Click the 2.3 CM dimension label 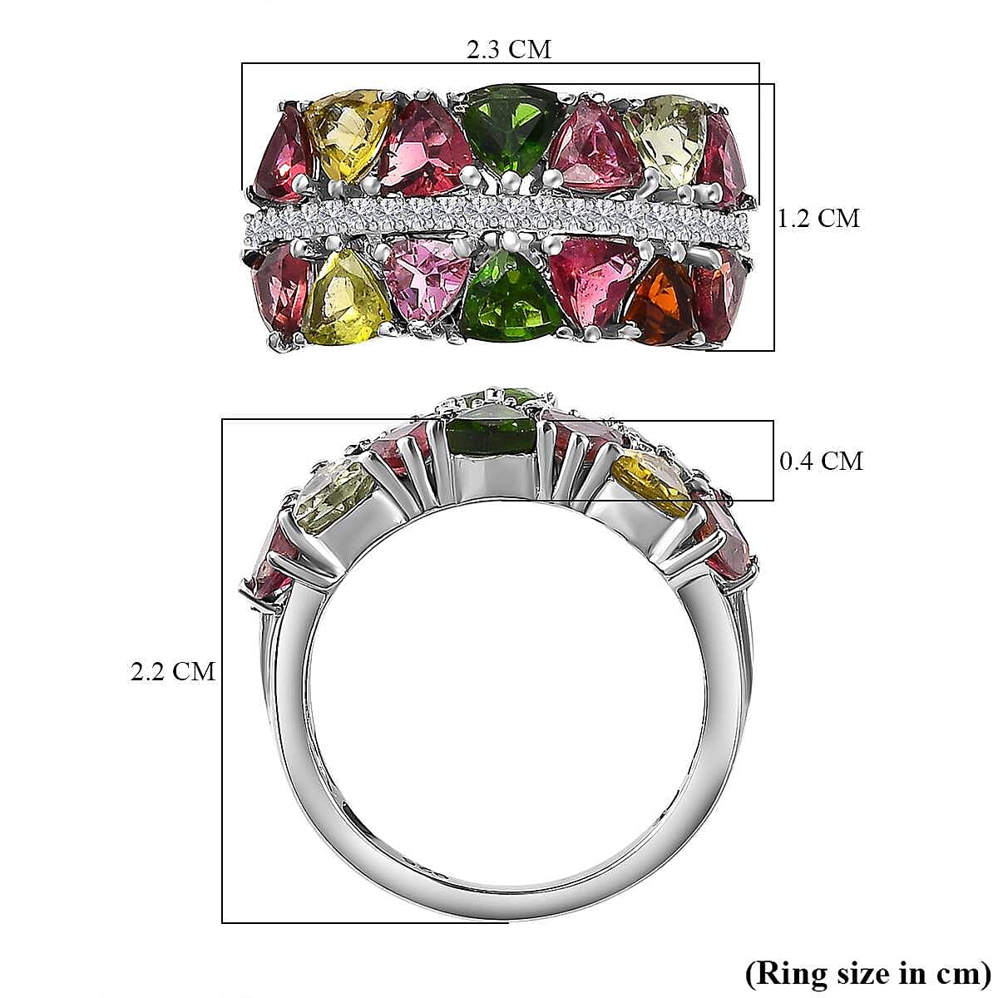click(x=508, y=50)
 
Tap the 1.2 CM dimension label click(x=818, y=219)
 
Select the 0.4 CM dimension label click(x=821, y=461)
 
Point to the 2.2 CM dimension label click(x=173, y=671)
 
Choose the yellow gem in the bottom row click(x=346, y=298)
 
